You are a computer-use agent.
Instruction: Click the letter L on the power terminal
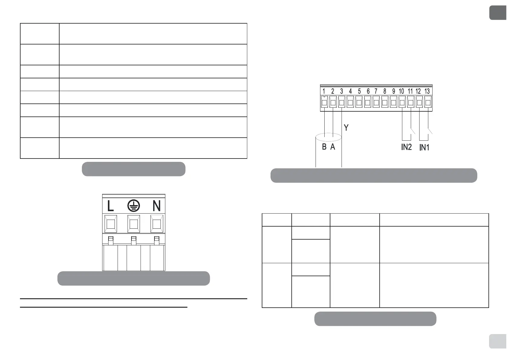111,206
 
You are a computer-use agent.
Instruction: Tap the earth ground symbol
133,206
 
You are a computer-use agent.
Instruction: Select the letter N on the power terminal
156,206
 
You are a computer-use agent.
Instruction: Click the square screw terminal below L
110,224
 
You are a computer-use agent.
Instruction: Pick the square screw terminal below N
157,224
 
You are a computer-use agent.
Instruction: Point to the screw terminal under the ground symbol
134,224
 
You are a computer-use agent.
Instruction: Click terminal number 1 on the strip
324,91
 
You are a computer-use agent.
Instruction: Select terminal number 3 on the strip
342,91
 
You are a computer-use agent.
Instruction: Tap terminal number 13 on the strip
427,91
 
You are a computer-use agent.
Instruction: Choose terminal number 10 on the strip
401,91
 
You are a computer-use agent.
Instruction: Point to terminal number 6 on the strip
368,91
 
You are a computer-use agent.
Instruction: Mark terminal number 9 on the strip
393,91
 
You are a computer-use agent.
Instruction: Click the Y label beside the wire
346,128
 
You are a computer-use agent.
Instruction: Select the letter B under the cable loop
324,147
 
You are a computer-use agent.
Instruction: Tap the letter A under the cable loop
333,147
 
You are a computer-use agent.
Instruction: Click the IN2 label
407,147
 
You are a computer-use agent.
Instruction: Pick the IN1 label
424,148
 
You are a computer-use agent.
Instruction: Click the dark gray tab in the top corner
498,13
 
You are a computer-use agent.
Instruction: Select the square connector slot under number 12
419,103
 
